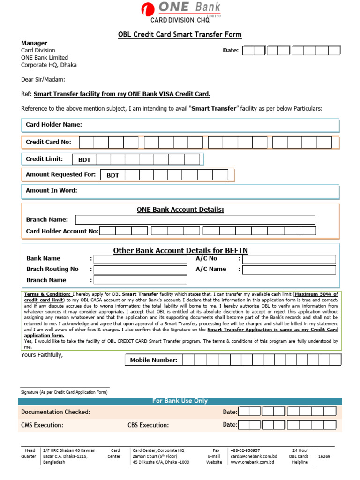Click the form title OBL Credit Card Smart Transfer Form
pos(179,35)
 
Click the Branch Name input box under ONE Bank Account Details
pos(195,220)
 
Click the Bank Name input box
pos(140,259)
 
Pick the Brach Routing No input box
pos(140,270)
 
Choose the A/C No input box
pos(289,259)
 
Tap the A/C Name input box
pos(289,270)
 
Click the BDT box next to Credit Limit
pos(84,160)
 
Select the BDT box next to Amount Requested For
pos(112,175)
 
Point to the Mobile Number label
pos(154,360)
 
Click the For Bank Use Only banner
pos(180,401)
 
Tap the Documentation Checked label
pos(56,412)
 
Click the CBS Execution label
pos(148,425)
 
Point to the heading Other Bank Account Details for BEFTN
pos(180,251)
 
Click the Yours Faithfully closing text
pos(42,354)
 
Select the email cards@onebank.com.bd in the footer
pos(254,456)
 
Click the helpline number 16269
pos(324,456)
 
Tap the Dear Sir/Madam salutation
pos(43,79)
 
